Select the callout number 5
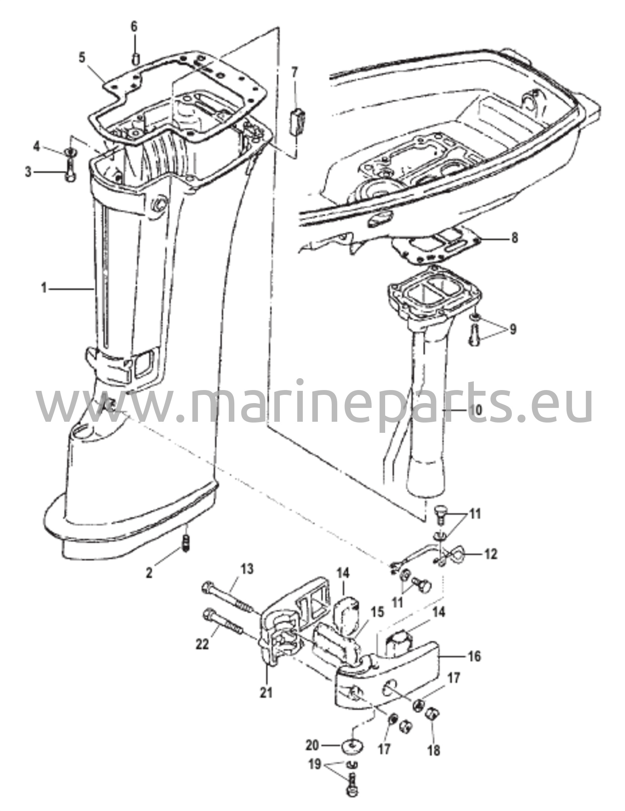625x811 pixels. (x=82, y=58)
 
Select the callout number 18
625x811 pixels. (x=434, y=750)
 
